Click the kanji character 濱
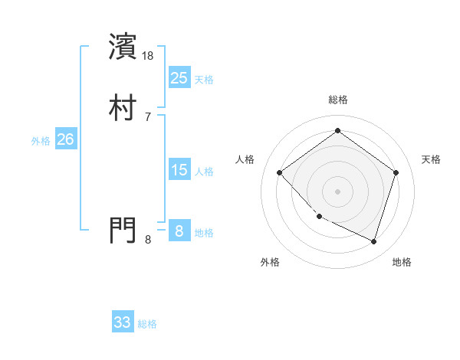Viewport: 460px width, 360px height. [x=124, y=47]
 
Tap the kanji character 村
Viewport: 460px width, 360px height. [x=124, y=108]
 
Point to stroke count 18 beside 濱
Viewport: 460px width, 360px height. [x=149, y=55]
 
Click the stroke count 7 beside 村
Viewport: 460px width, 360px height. [x=148, y=116]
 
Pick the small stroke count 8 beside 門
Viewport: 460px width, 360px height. [x=148, y=239]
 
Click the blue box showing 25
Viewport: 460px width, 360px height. [x=179, y=78]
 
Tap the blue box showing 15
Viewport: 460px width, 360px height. [x=179, y=170]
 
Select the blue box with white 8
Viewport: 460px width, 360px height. [x=179, y=231]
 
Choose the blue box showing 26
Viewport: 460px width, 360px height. [x=66, y=139]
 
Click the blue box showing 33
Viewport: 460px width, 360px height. [x=123, y=322]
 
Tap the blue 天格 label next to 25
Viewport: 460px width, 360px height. [x=204, y=80]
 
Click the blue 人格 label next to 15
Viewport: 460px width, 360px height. [x=204, y=172]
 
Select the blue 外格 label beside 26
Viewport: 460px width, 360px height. [x=41, y=141]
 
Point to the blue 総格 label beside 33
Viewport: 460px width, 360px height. [x=148, y=324]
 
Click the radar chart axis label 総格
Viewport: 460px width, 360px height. [x=337, y=100]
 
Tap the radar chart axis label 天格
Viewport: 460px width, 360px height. [x=431, y=159]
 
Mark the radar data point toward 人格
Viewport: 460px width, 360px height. [x=280, y=172]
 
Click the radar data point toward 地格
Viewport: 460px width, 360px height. [x=373, y=241]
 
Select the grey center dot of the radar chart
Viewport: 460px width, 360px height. [x=337, y=191]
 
